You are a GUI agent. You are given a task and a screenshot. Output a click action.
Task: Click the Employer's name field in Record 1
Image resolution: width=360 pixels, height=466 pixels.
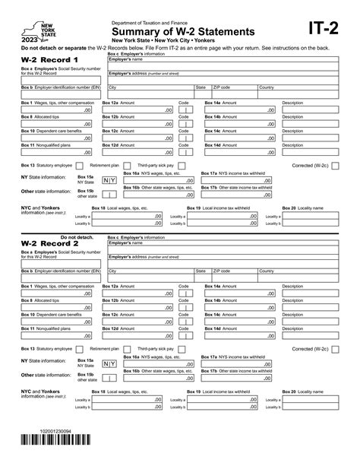228,65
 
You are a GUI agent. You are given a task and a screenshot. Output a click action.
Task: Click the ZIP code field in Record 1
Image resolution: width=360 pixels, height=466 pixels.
233,94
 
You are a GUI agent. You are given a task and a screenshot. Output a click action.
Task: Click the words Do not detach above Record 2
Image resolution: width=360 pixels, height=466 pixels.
75,237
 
